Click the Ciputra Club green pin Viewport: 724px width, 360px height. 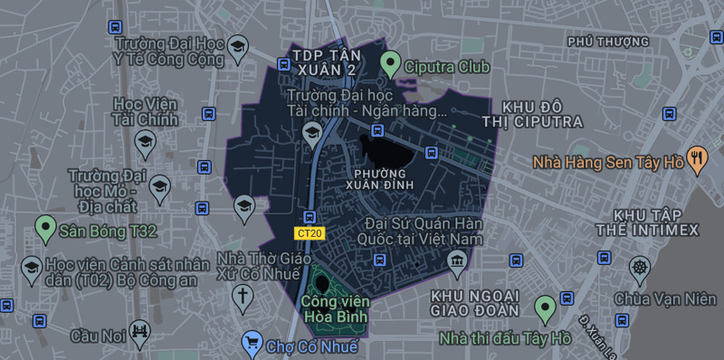390,64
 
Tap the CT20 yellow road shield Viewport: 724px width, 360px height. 310,233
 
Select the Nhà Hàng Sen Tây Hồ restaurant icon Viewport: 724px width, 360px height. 696,159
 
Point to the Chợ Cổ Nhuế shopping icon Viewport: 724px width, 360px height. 252,343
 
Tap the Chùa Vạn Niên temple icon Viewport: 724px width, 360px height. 641,268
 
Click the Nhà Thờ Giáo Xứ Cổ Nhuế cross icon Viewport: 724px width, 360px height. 243,295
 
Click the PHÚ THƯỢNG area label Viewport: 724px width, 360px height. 608,42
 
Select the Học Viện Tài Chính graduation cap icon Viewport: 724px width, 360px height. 145,141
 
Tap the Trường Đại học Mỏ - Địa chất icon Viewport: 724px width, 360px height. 160,187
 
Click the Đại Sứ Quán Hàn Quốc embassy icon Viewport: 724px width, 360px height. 456,263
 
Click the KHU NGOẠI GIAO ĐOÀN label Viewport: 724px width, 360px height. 474,304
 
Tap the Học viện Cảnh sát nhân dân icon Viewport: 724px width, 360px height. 30,268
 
